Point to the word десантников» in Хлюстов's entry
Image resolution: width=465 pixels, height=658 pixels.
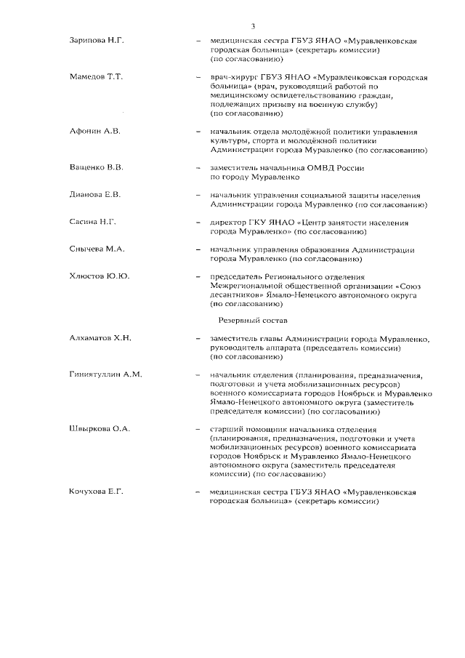click(236, 295)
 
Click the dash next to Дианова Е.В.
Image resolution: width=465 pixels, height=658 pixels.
click(198, 196)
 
